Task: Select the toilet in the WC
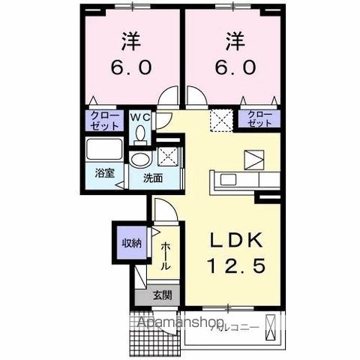139,133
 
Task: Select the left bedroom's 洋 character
133,40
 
